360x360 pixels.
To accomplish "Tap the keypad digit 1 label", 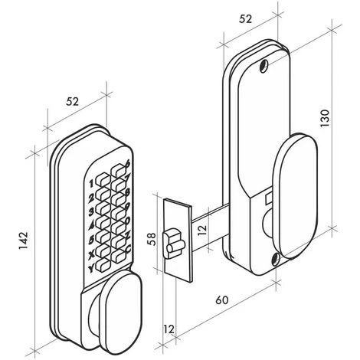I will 91,184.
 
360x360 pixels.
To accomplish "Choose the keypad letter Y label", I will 91,268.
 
